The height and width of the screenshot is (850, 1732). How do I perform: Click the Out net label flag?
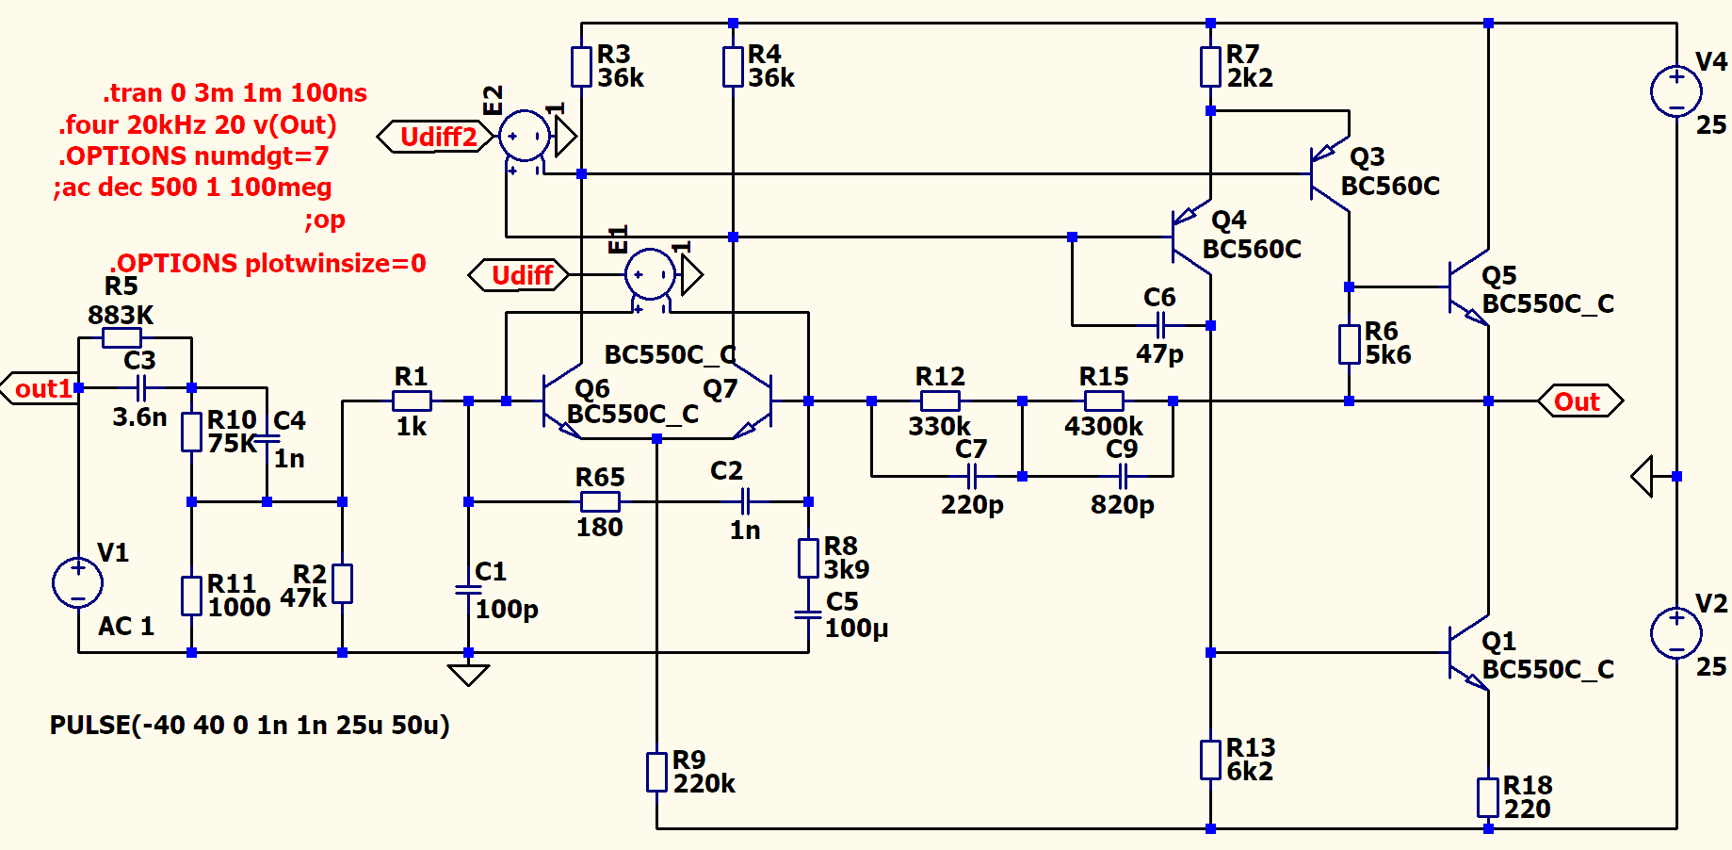[1579, 401]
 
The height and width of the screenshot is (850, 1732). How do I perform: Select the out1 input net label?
[41, 388]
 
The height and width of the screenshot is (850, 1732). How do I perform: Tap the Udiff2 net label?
[435, 138]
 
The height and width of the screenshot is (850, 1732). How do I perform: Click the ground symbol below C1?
[468, 675]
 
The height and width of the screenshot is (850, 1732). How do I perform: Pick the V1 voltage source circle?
[78, 582]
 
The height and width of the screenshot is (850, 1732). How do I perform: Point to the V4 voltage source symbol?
[1676, 91]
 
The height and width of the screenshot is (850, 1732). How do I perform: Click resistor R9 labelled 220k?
[657, 772]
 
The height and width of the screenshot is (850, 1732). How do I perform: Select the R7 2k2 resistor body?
[1210, 67]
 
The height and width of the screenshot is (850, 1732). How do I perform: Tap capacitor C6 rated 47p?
[1160, 326]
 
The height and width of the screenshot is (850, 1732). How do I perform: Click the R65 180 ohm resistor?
[600, 501]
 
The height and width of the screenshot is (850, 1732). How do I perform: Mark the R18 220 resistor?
[1488, 797]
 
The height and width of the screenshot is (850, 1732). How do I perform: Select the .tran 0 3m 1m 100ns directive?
[235, 93]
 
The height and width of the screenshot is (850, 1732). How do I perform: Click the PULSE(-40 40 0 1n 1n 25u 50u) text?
[250, 725]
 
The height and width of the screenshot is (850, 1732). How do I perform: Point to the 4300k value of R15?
[1104, 427]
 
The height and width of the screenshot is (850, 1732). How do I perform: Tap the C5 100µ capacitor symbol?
[808, 614]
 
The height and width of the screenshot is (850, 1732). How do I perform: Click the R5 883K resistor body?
[121, 337]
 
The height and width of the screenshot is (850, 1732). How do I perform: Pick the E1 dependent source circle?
[650, 275]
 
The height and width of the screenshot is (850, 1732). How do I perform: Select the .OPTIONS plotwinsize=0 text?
[268, 263]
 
